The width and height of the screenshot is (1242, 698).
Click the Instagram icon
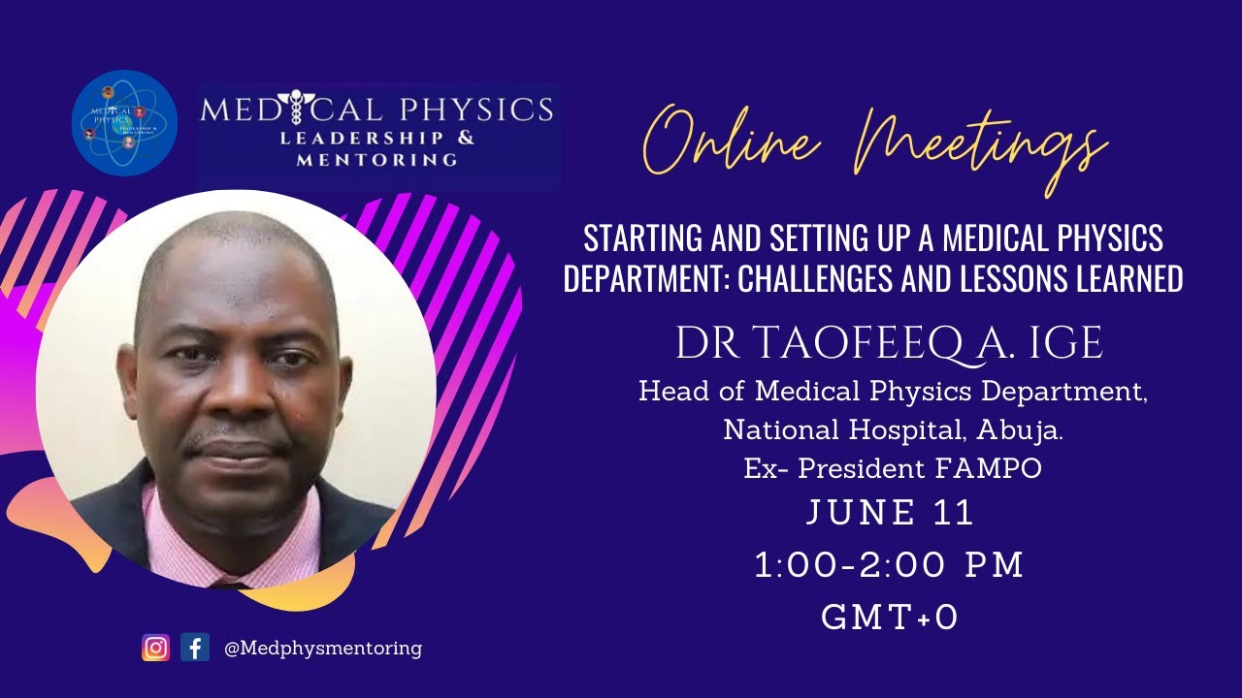coord(155,648)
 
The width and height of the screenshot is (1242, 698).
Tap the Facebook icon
coord(195,648)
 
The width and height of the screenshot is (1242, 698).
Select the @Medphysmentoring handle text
coord(322,648)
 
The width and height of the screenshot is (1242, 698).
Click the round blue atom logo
coord(124,124)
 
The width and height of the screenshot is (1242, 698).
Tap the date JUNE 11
coord(890,514)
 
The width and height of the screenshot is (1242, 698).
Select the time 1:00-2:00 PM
coord(890,566)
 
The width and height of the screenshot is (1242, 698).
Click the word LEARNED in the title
coord(1128,279)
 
